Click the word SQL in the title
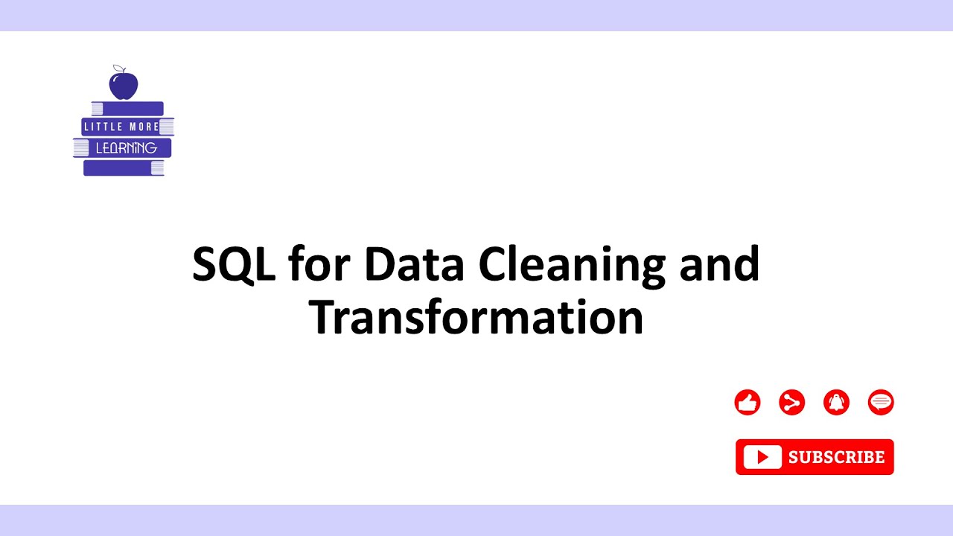pos(234,264)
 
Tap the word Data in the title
pos(414,264)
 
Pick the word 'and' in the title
pos(719,264)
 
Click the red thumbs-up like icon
pos(748,403)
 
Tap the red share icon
pos(791,403)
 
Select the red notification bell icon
pos(836,403)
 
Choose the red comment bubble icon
pos(881,403)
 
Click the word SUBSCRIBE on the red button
pos(836,457)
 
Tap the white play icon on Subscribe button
pos(762,457)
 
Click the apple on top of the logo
pos(124,85)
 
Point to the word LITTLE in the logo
pos(103,127)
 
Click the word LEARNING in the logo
pos(126,148)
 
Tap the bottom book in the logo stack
pos(123,167)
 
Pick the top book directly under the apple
pos(127,109)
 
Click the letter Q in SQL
pos(236,265)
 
